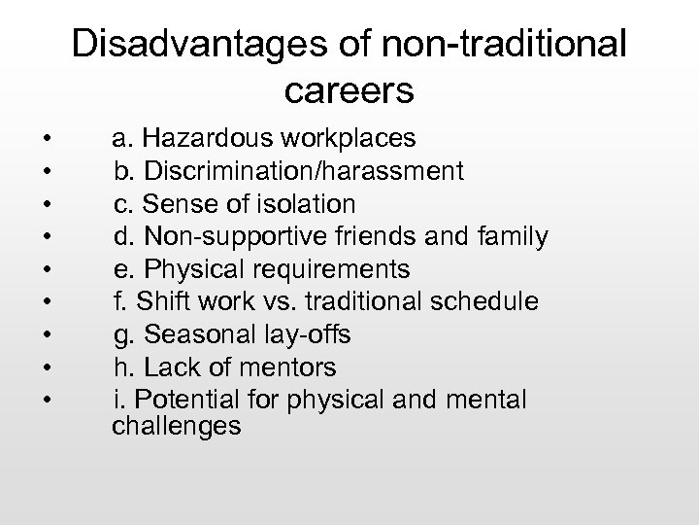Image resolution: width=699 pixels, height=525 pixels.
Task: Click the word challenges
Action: [176, 425]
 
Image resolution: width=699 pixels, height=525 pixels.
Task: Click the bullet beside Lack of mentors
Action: [33, 368]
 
